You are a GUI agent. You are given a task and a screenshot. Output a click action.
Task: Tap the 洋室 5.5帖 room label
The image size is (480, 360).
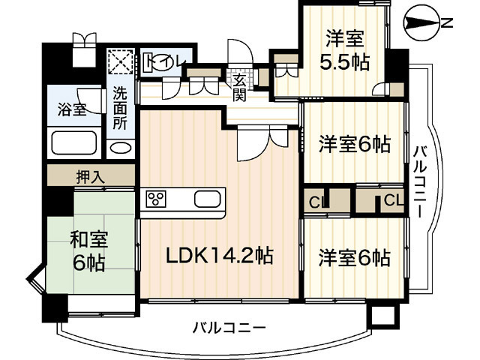[346, 49]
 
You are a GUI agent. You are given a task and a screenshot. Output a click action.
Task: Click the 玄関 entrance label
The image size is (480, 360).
[239, 86]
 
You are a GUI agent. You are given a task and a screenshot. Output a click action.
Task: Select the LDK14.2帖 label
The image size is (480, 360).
[219, 255]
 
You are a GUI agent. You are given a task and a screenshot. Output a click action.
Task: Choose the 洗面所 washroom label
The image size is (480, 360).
[121, 108]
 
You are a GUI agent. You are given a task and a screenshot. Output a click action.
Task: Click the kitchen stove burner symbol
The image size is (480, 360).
[156, 199]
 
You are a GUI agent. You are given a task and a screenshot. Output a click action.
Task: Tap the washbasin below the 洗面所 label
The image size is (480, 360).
[120, 147]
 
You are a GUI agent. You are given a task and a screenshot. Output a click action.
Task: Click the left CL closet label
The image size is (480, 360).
[316, 201]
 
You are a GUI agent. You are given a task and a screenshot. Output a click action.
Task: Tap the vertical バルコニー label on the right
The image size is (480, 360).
[421, 180]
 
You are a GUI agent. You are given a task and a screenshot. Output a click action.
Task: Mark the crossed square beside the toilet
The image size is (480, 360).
[119, 62]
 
